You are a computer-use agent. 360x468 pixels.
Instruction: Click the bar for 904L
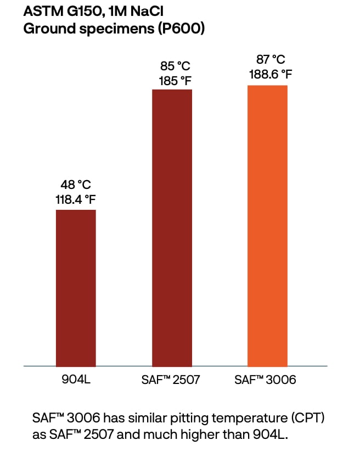click(x=76, y=288)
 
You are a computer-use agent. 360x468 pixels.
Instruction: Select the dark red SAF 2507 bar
click(x=172, y=227)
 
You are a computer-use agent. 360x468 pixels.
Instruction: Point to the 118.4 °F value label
click(x=76, y=199)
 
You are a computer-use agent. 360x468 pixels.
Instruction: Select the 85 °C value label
click(x=172, y=66)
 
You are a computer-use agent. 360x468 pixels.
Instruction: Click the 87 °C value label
click(x=267, y=60)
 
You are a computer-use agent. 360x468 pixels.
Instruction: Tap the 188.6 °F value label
click(x=267, y=74)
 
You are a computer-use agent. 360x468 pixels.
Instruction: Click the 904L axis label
click(x=76, y=380)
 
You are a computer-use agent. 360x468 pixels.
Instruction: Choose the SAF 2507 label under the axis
click(x=172, y=380)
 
